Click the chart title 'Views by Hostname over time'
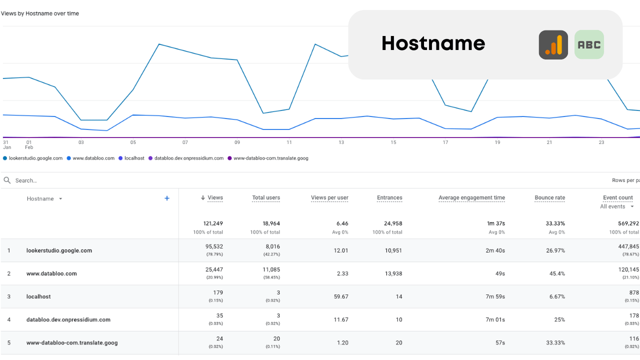[x=40, y=13]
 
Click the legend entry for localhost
[x=133, y=158]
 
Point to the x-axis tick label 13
[x=341, y=142]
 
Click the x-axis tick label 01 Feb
[x=29, y=144]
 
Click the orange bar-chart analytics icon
[x=553, y=45]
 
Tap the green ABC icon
[x=589, y=45]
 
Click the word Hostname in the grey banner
[x=433, y=43]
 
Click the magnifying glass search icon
[x=7, y=180]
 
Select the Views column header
[x=215, y=198]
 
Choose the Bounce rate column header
[x=549, y=198]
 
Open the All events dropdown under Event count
[x=617, y=206]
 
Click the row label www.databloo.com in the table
[x=51, y=273]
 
